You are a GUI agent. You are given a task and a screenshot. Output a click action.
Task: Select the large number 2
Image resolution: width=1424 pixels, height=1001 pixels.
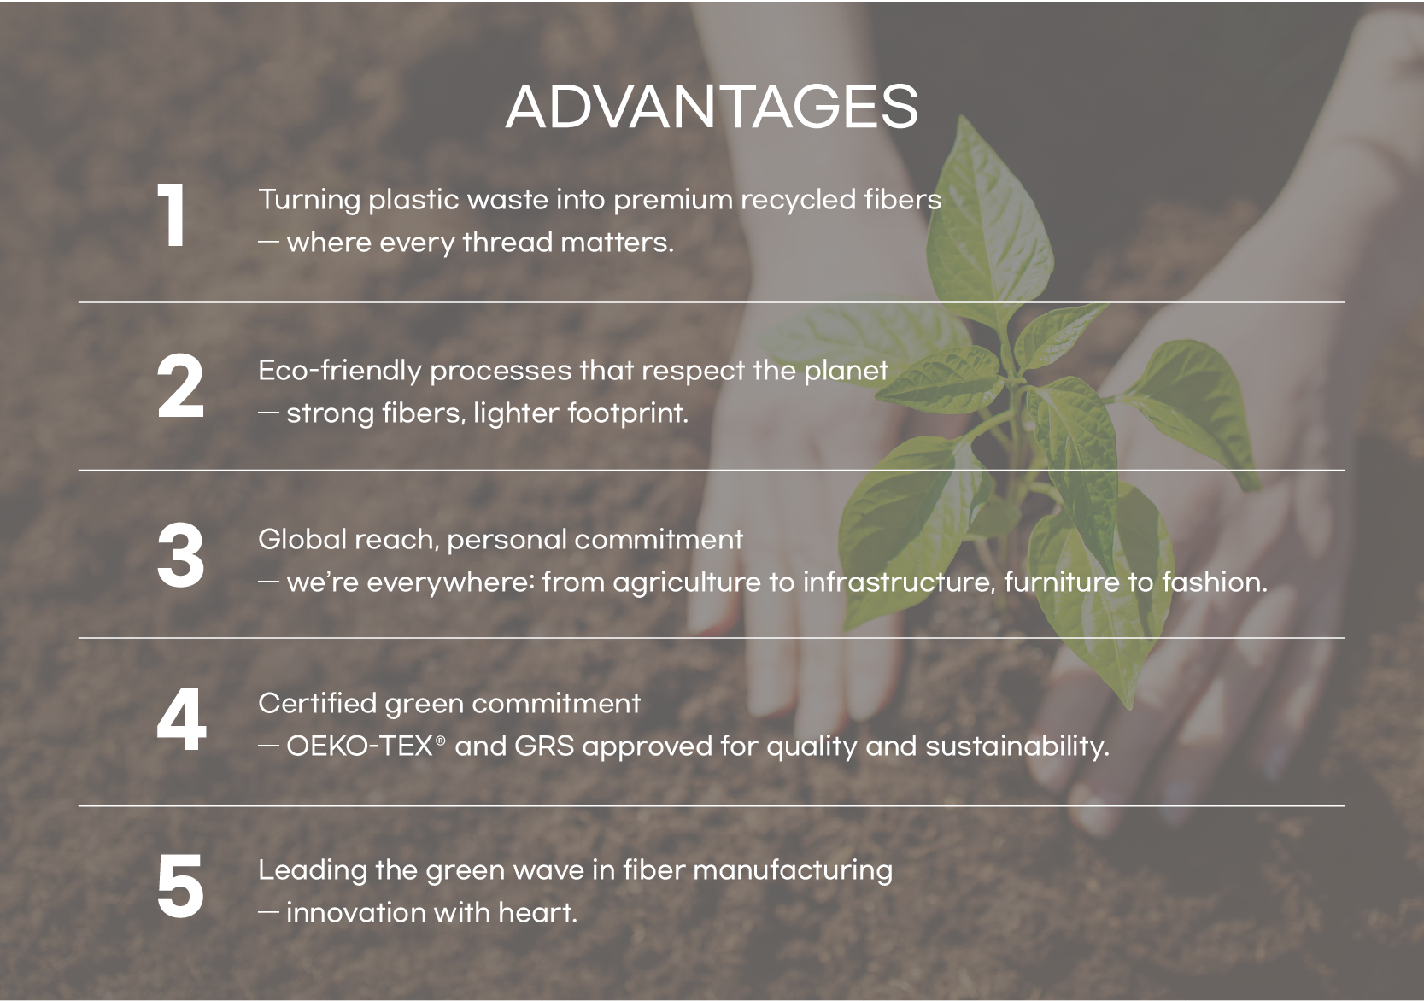click(180, 386)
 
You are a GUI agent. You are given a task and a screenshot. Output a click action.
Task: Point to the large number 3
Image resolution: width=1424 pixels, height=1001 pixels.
click(180, 556)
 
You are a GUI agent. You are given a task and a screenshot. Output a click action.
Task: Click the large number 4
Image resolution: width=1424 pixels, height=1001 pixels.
click(182, 721)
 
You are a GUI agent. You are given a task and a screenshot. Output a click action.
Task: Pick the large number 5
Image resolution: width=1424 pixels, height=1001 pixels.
click(180, 887)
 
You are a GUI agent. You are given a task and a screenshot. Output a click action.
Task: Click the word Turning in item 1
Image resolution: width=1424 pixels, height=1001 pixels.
click(309, 201)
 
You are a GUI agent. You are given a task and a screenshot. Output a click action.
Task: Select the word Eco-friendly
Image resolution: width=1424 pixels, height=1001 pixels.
click(339, 372)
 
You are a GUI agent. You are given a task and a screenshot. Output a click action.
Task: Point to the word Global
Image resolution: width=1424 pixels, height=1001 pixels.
click(302, 540)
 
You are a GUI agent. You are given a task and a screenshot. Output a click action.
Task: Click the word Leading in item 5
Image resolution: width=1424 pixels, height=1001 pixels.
click(312, 870)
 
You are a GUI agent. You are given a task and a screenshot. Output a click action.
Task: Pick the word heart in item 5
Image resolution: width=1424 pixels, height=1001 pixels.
click(538, 913)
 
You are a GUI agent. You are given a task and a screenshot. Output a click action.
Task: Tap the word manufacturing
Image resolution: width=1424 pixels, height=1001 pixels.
click(793, 870)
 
